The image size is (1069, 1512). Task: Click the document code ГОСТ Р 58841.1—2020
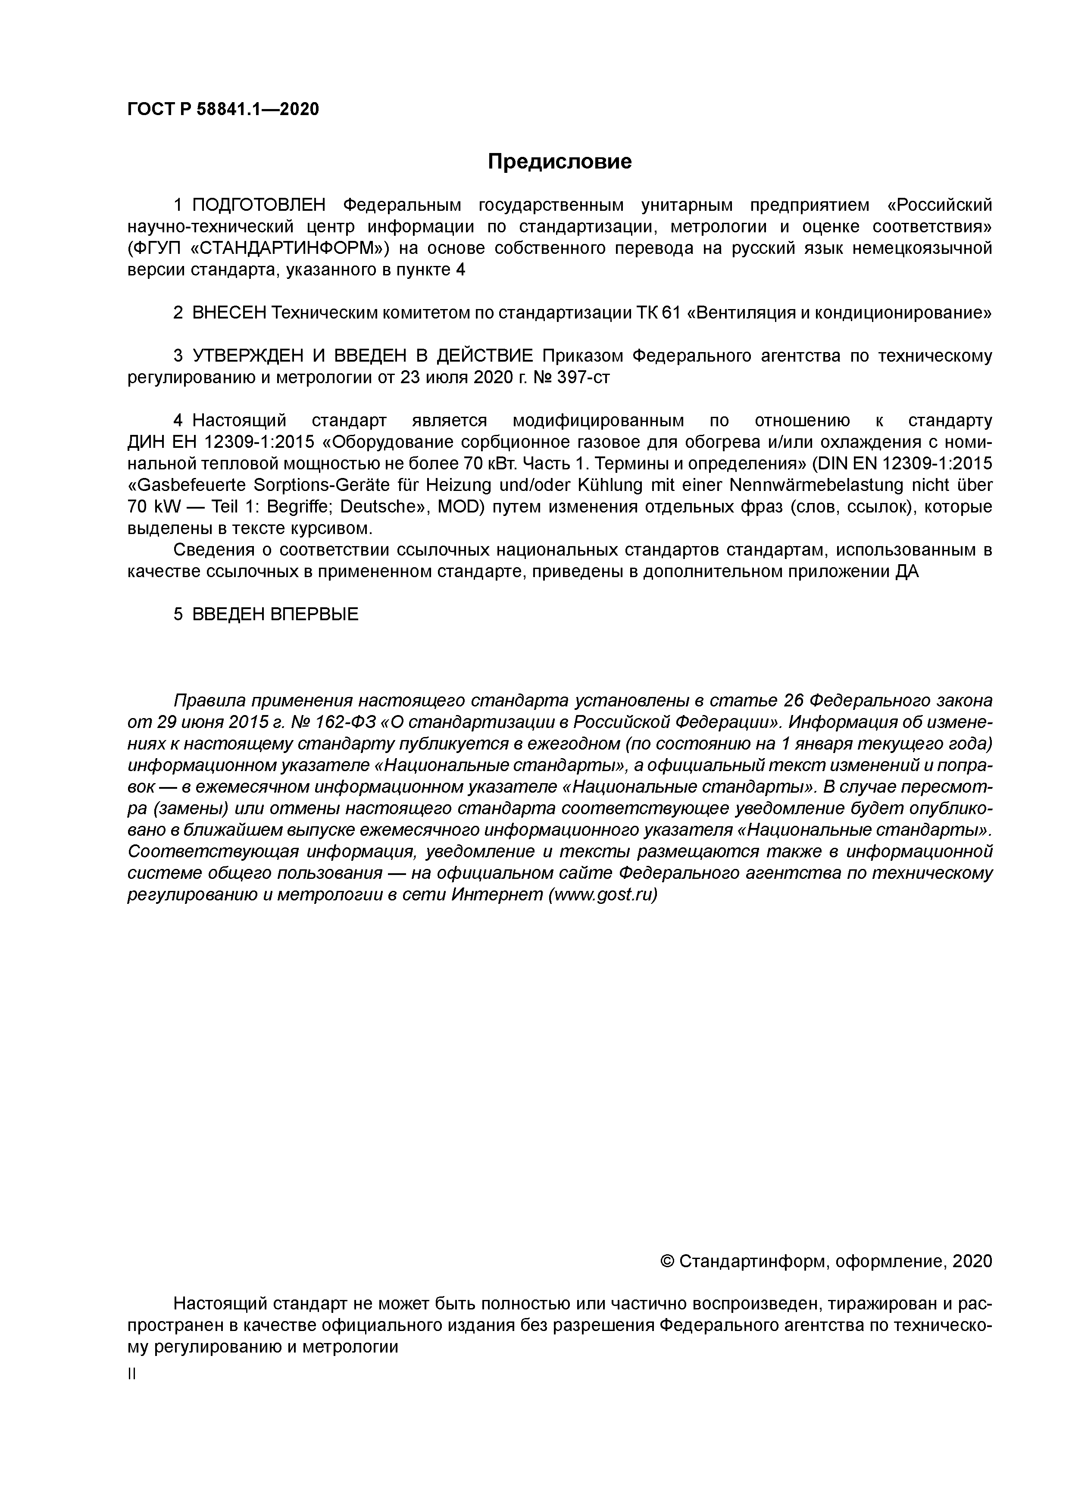tap(222, 109)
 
